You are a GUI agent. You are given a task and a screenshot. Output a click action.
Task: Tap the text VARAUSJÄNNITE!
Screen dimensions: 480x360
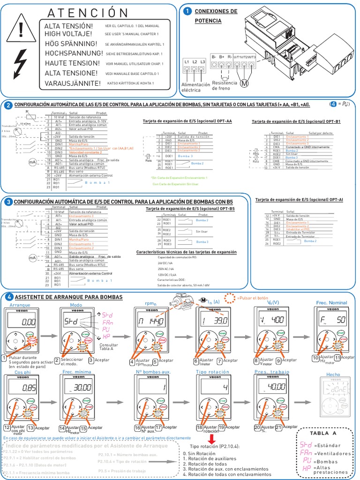point(72,83)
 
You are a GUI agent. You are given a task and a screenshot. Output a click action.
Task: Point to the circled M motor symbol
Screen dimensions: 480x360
point(244,83)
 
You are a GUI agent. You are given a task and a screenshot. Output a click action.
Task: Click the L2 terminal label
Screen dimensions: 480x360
point(194,61)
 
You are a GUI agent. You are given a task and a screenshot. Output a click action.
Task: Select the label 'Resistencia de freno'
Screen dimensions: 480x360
point(225,85)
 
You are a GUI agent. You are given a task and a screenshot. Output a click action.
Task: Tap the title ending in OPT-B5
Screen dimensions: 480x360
point(190,208)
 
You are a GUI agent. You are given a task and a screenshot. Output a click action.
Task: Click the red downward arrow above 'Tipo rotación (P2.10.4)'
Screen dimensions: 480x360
point(211,439)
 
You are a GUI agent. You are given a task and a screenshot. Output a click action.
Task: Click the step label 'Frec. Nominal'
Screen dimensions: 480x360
point(331,303)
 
